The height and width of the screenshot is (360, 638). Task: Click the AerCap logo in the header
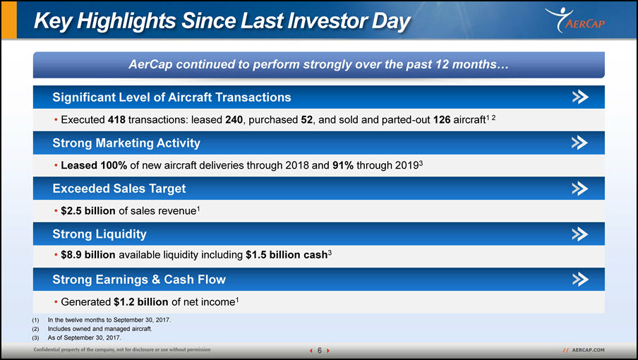[x=575, y=20]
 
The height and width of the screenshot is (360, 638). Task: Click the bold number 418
[x=116, y=119]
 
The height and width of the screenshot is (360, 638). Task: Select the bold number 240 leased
[x=234, y=119]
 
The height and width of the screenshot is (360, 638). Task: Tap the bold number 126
[x=442, y=119]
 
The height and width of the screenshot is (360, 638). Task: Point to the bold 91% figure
[x=342, y=165]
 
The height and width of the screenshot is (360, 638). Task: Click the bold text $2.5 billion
[x=88, y=211]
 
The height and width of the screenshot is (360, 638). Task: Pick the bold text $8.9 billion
[x=88, y=255]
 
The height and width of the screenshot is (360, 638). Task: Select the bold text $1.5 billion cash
[x=287, y=255]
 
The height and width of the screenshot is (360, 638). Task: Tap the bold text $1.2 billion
[x=140, y=302]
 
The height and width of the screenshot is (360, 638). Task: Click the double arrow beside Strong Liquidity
[x=580, y=234]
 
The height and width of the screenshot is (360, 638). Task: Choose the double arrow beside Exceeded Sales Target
[x=580, y=188]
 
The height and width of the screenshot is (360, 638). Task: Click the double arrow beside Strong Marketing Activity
[x=580, y=143]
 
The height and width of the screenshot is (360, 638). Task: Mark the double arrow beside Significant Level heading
[x=580, y=97]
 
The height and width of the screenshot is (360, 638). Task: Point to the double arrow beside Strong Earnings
[x=580, y=280]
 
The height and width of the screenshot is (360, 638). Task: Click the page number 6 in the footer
[x=320, y=350]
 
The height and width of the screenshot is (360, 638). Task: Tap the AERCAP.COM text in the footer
[x=588, y=350]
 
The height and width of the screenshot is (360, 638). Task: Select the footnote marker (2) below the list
[x=35, y=329]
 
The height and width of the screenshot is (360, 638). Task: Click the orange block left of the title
[x=9, y=20]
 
